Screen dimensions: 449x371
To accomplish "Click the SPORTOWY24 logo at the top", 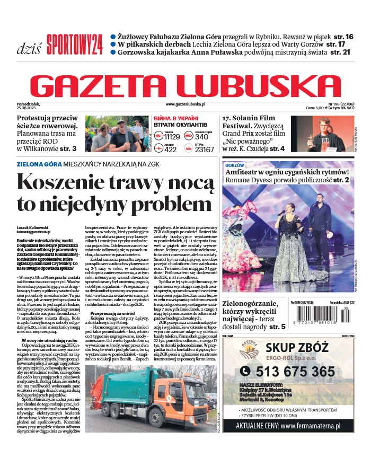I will [74, 44].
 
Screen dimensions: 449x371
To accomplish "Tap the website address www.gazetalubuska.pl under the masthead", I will [185, 105].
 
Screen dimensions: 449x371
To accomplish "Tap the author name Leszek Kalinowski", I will [32, 228].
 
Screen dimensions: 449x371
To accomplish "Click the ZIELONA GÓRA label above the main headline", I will [36, 165].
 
